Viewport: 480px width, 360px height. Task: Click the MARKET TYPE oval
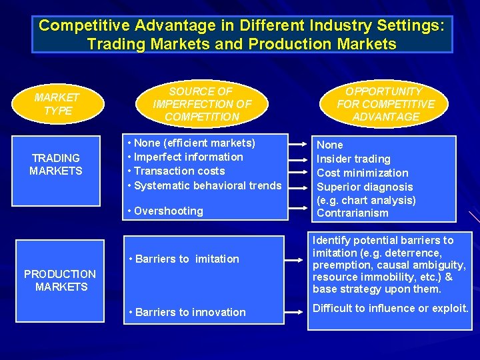click(x=57, y=104)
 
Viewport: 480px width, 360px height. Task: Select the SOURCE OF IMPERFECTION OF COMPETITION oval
click(x=201, y=104)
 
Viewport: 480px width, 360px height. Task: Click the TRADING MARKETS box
click(x=56, y=164)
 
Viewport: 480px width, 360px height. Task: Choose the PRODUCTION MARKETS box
click(x=61, y=280)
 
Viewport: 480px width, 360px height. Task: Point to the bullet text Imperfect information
click(x=189, y=157)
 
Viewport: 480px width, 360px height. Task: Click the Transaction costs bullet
click(x=179, y=171)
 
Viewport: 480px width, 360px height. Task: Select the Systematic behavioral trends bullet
click(x=207, y=185)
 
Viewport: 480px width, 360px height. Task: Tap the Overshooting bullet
click(x=169, y=211)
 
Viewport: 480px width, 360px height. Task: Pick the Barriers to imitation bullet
click(x=187, y=259)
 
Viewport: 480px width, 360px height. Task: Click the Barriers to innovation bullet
click(x=190, y=312)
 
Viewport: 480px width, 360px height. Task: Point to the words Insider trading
click(x=353, y=159)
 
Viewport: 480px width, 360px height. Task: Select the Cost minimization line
click(x=362, y=173)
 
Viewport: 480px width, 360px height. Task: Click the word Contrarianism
click(x=352, y=213)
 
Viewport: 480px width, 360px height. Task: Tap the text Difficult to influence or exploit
click(x=391, y=308)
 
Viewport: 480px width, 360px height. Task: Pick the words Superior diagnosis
click(x=365, y=187)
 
